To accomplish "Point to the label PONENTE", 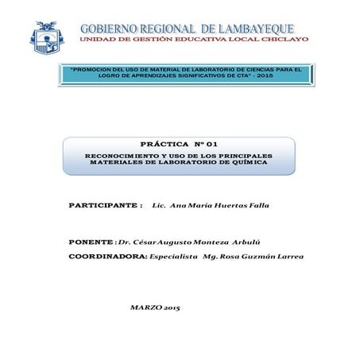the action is coord(91,241).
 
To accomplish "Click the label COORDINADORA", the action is coord(107,257).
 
